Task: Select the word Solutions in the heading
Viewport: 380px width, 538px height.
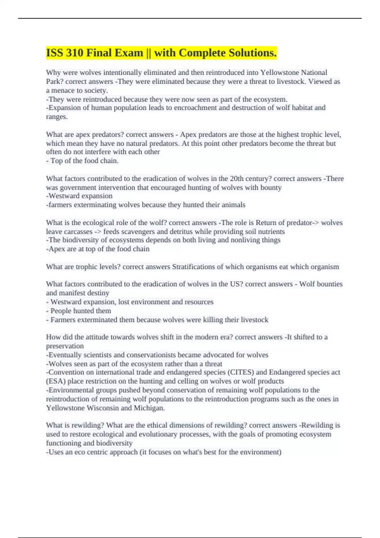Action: [x=253, y=53]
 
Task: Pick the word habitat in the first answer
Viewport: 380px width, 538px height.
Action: [x=292, y=108]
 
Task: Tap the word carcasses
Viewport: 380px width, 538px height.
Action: [x=76, y=232]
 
